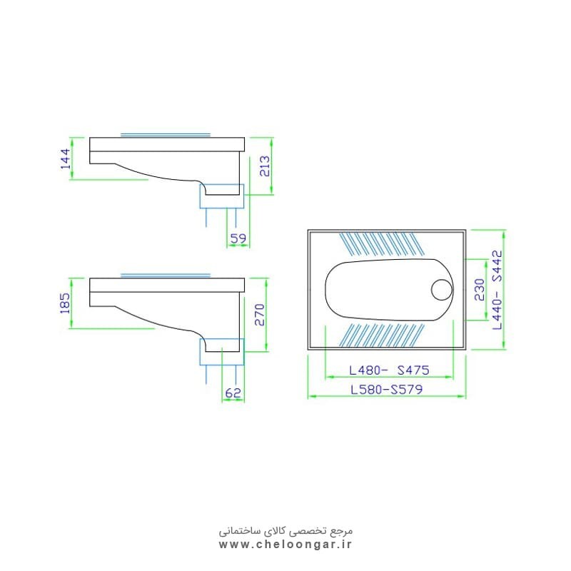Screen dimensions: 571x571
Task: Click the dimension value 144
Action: pos(66,158)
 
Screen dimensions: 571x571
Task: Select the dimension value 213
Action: pos(265,166)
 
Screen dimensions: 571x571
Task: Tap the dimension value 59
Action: pos(238,238)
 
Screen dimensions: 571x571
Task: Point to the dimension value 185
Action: pos(65,303)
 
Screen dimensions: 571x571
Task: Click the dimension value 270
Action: pos(260,315)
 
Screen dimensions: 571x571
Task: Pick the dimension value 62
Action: pos(233,393)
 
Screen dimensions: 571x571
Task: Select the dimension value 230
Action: pos(480,290)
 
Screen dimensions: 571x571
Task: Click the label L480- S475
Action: pos(389,370)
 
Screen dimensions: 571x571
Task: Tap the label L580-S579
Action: pos(386,390)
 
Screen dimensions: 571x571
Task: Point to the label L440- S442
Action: pos(497,290)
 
